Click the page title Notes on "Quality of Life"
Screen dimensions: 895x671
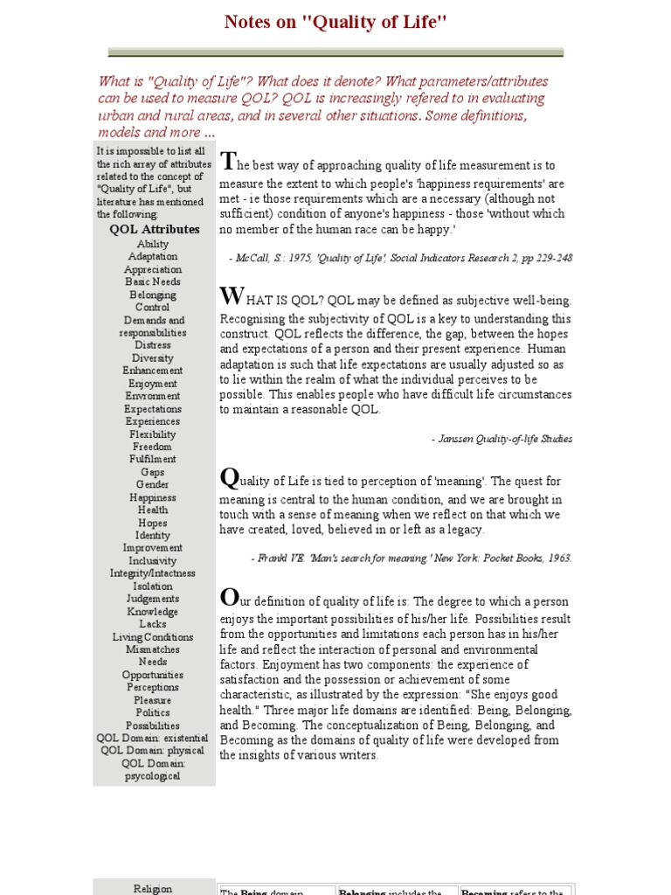335,22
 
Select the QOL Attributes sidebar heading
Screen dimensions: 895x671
154,229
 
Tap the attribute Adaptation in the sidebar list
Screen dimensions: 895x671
153,257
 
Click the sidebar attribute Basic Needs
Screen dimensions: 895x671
153,282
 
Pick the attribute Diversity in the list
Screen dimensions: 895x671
153,358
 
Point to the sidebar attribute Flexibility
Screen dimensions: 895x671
153,434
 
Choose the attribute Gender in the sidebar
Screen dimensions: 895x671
153,485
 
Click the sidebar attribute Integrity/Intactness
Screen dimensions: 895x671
153,573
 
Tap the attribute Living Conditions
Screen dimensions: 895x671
153,637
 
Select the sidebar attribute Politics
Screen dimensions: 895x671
153,713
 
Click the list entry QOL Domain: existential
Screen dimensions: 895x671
153,739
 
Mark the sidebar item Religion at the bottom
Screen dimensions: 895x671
153,889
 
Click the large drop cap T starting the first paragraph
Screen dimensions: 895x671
227,161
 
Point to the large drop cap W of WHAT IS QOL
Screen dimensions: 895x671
230,297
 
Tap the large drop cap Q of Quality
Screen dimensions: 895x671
228,478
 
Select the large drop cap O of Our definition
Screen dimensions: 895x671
228,598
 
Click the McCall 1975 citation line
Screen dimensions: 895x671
400,258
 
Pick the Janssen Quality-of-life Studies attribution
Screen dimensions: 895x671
502,439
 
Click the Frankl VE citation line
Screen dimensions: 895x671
411,558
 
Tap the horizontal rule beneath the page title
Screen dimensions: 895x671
335,52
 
